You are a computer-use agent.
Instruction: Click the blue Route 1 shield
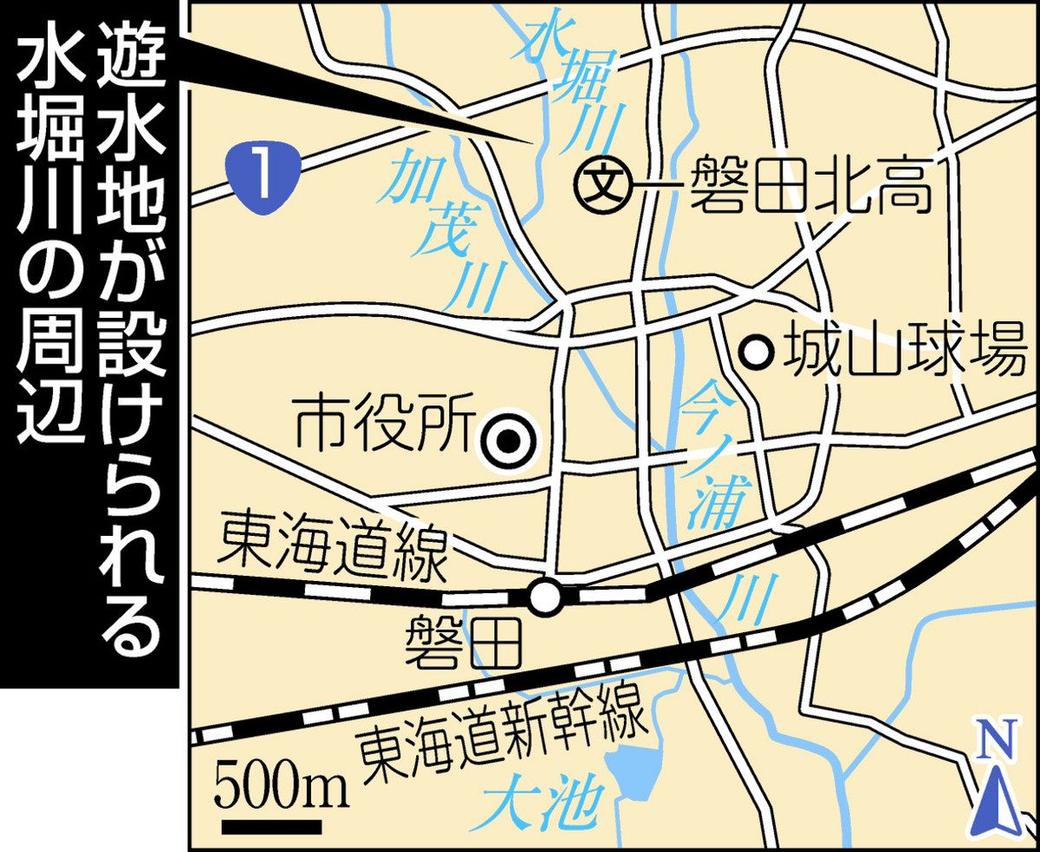pos(265,171)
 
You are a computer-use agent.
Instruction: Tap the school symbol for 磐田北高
pos(605,184)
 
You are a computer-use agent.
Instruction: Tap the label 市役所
pos(381,427)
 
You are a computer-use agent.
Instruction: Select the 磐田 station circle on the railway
pos(545,597)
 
